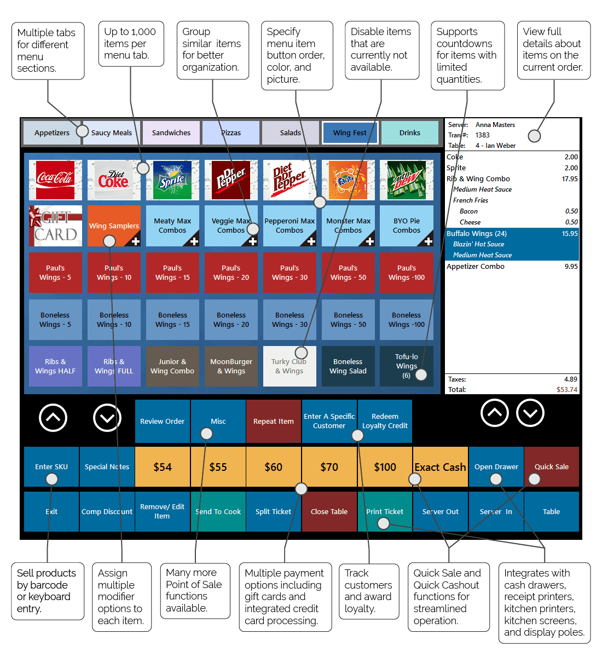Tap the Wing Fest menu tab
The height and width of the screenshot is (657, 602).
point(350,132)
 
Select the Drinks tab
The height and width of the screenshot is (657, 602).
point(409,132)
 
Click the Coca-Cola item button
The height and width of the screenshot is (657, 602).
point(55,180)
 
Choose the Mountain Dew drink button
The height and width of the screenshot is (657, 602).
point(406,180)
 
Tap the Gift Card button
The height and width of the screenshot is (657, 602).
point(55,226)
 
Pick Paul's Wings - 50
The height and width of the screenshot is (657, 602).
point(348,273)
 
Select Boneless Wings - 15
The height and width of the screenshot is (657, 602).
point(172,320)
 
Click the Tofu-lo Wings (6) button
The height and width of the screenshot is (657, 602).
point(406,366)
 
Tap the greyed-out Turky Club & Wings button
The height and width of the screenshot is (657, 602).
point(290,366)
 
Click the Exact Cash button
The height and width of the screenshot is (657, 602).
point(440,467)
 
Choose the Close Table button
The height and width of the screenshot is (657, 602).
point(329,511)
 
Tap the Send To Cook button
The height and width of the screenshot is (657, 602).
point(218,511)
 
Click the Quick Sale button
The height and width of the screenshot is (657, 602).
point(551,467)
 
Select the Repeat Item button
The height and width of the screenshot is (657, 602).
point(273,421)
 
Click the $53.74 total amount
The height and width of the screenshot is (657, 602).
point(567,390)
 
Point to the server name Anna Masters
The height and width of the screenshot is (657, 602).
point(495,125)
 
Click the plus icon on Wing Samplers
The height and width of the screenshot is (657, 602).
point(135,241)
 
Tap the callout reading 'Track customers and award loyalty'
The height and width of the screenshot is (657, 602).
point(368,591)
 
